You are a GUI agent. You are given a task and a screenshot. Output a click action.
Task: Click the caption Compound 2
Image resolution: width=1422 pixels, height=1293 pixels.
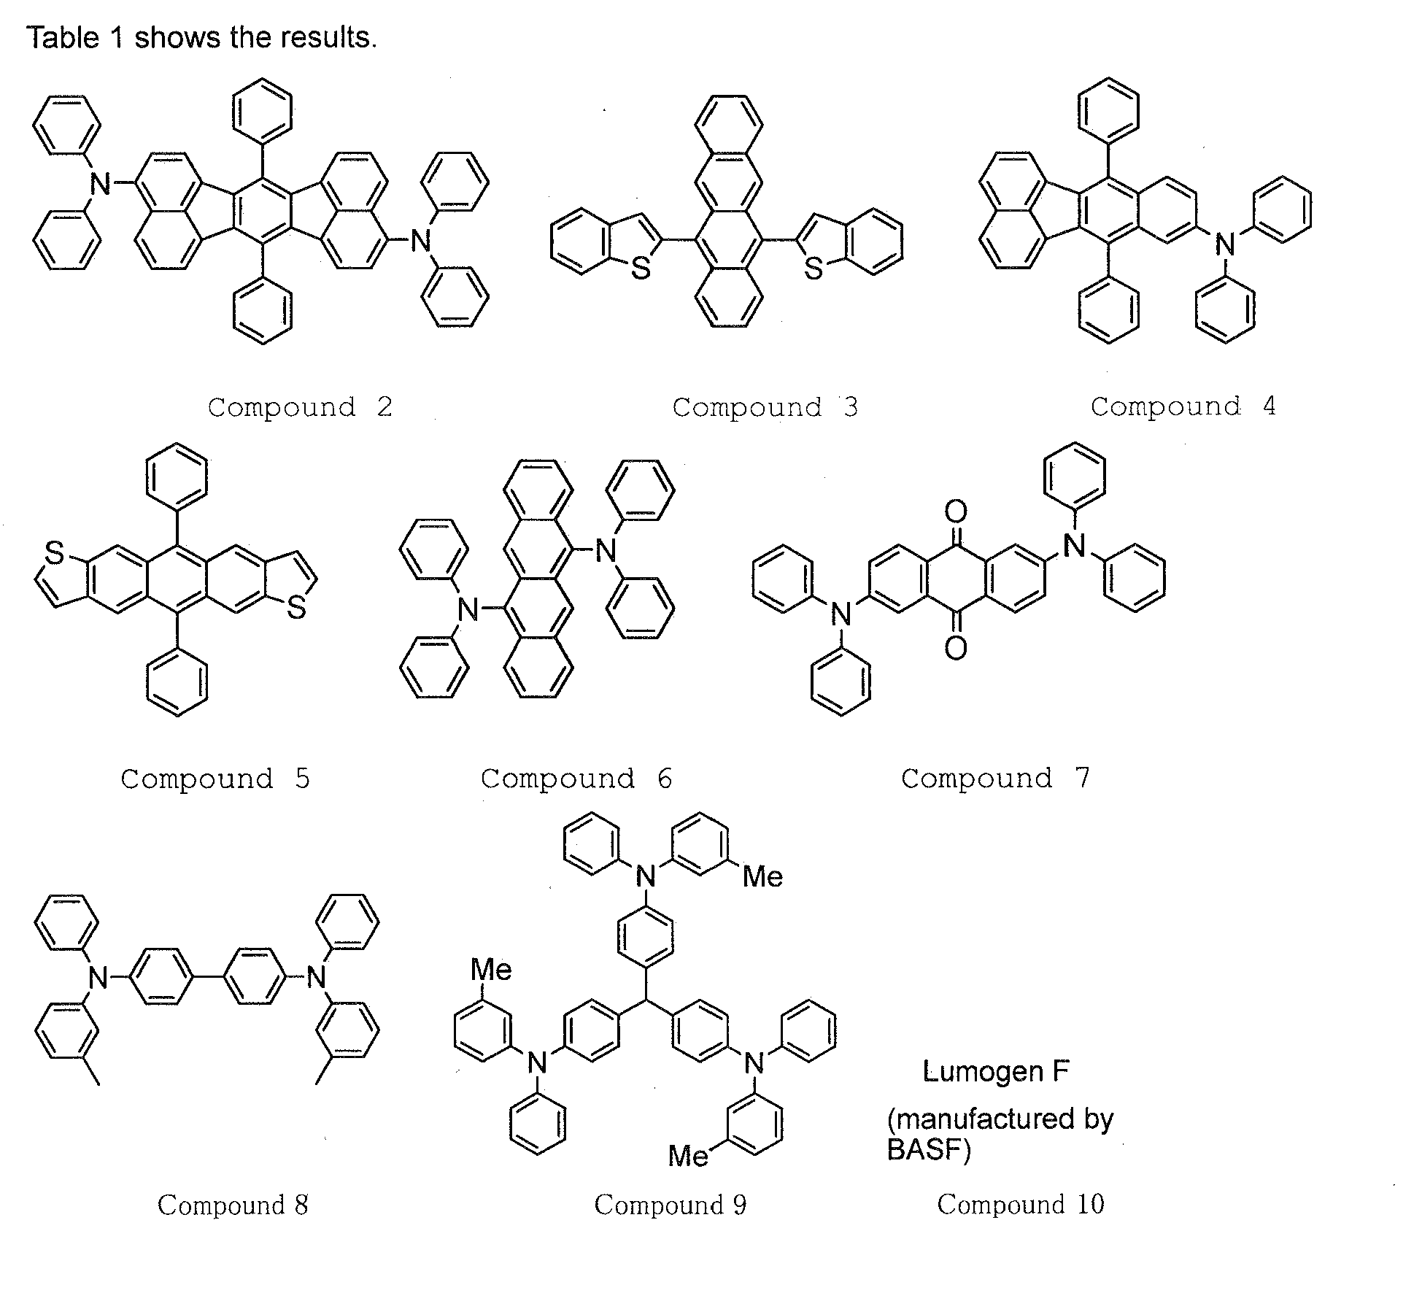pyautogui.click(x=300, y=407)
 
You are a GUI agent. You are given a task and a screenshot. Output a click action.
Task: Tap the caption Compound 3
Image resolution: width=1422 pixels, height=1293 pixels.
pyautogui.click(x=765, y=407)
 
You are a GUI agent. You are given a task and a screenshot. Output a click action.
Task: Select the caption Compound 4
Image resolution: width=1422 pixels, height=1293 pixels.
pyautogui.click(x=1183, y=406)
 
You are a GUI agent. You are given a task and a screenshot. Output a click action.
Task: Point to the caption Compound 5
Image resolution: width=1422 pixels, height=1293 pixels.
pyautogui.click(x=215, y=779)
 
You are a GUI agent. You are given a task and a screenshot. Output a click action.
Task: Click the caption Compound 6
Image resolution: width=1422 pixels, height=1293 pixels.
pyautogui.click(x=576, y=779)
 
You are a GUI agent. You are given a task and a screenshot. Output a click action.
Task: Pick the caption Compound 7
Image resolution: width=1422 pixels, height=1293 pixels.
pyautogui.click(x=995, y=778)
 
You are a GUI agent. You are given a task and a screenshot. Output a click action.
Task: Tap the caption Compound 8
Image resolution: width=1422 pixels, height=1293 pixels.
pyautogui.click(x=233, y=1205)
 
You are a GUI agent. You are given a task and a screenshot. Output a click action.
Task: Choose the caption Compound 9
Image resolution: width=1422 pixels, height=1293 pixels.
pyautogui.click(x=671, y=1205)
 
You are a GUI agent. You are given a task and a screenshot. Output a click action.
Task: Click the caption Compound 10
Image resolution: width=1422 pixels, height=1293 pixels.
pyautogui.click(x=1021, y=1205)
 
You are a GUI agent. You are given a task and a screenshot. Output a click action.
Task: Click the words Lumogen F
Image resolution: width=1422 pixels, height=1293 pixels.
pyautogui.click(x=996, y=1072)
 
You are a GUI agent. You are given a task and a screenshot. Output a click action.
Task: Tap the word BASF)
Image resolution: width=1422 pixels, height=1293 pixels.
pyautogui.click(x=929, y=1149)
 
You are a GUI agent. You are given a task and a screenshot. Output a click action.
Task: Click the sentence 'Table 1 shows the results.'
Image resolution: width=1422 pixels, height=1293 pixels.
pyautogui.click(x=202, y=37)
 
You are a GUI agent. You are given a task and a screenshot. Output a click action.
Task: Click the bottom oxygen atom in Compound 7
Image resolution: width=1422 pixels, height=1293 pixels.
pyautogui.click(x=956, y=647)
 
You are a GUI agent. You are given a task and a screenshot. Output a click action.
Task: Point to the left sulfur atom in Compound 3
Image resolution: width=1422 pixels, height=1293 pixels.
pyautogui.click(x=641, y=269)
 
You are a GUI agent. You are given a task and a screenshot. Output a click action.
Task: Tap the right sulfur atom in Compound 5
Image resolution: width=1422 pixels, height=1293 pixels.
pyautogui.click(x=296, y=607)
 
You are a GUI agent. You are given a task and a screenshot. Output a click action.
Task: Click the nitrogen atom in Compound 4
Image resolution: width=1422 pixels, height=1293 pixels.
pyautogui.click(x=1225, y=244)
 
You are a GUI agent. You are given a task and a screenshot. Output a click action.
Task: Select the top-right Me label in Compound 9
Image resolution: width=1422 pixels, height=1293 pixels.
pyautogui.click(x=762, y=876)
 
